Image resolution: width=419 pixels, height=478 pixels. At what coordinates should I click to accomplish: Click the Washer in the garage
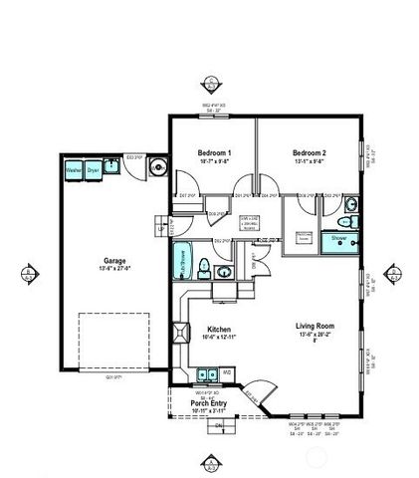(74, 171)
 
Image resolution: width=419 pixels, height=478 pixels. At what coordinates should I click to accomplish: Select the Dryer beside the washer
(94, 171)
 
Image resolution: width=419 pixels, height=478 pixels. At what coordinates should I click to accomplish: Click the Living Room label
(314, 326)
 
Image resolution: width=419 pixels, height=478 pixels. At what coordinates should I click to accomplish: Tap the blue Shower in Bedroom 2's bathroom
(339, 239)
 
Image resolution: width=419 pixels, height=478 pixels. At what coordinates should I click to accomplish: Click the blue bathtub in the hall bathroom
(182, 263)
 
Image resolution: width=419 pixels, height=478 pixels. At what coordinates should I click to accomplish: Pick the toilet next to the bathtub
(203, 266)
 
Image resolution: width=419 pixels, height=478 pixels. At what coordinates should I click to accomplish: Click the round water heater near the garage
(157, 168)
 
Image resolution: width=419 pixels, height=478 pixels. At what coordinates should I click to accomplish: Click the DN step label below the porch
(219, 425)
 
